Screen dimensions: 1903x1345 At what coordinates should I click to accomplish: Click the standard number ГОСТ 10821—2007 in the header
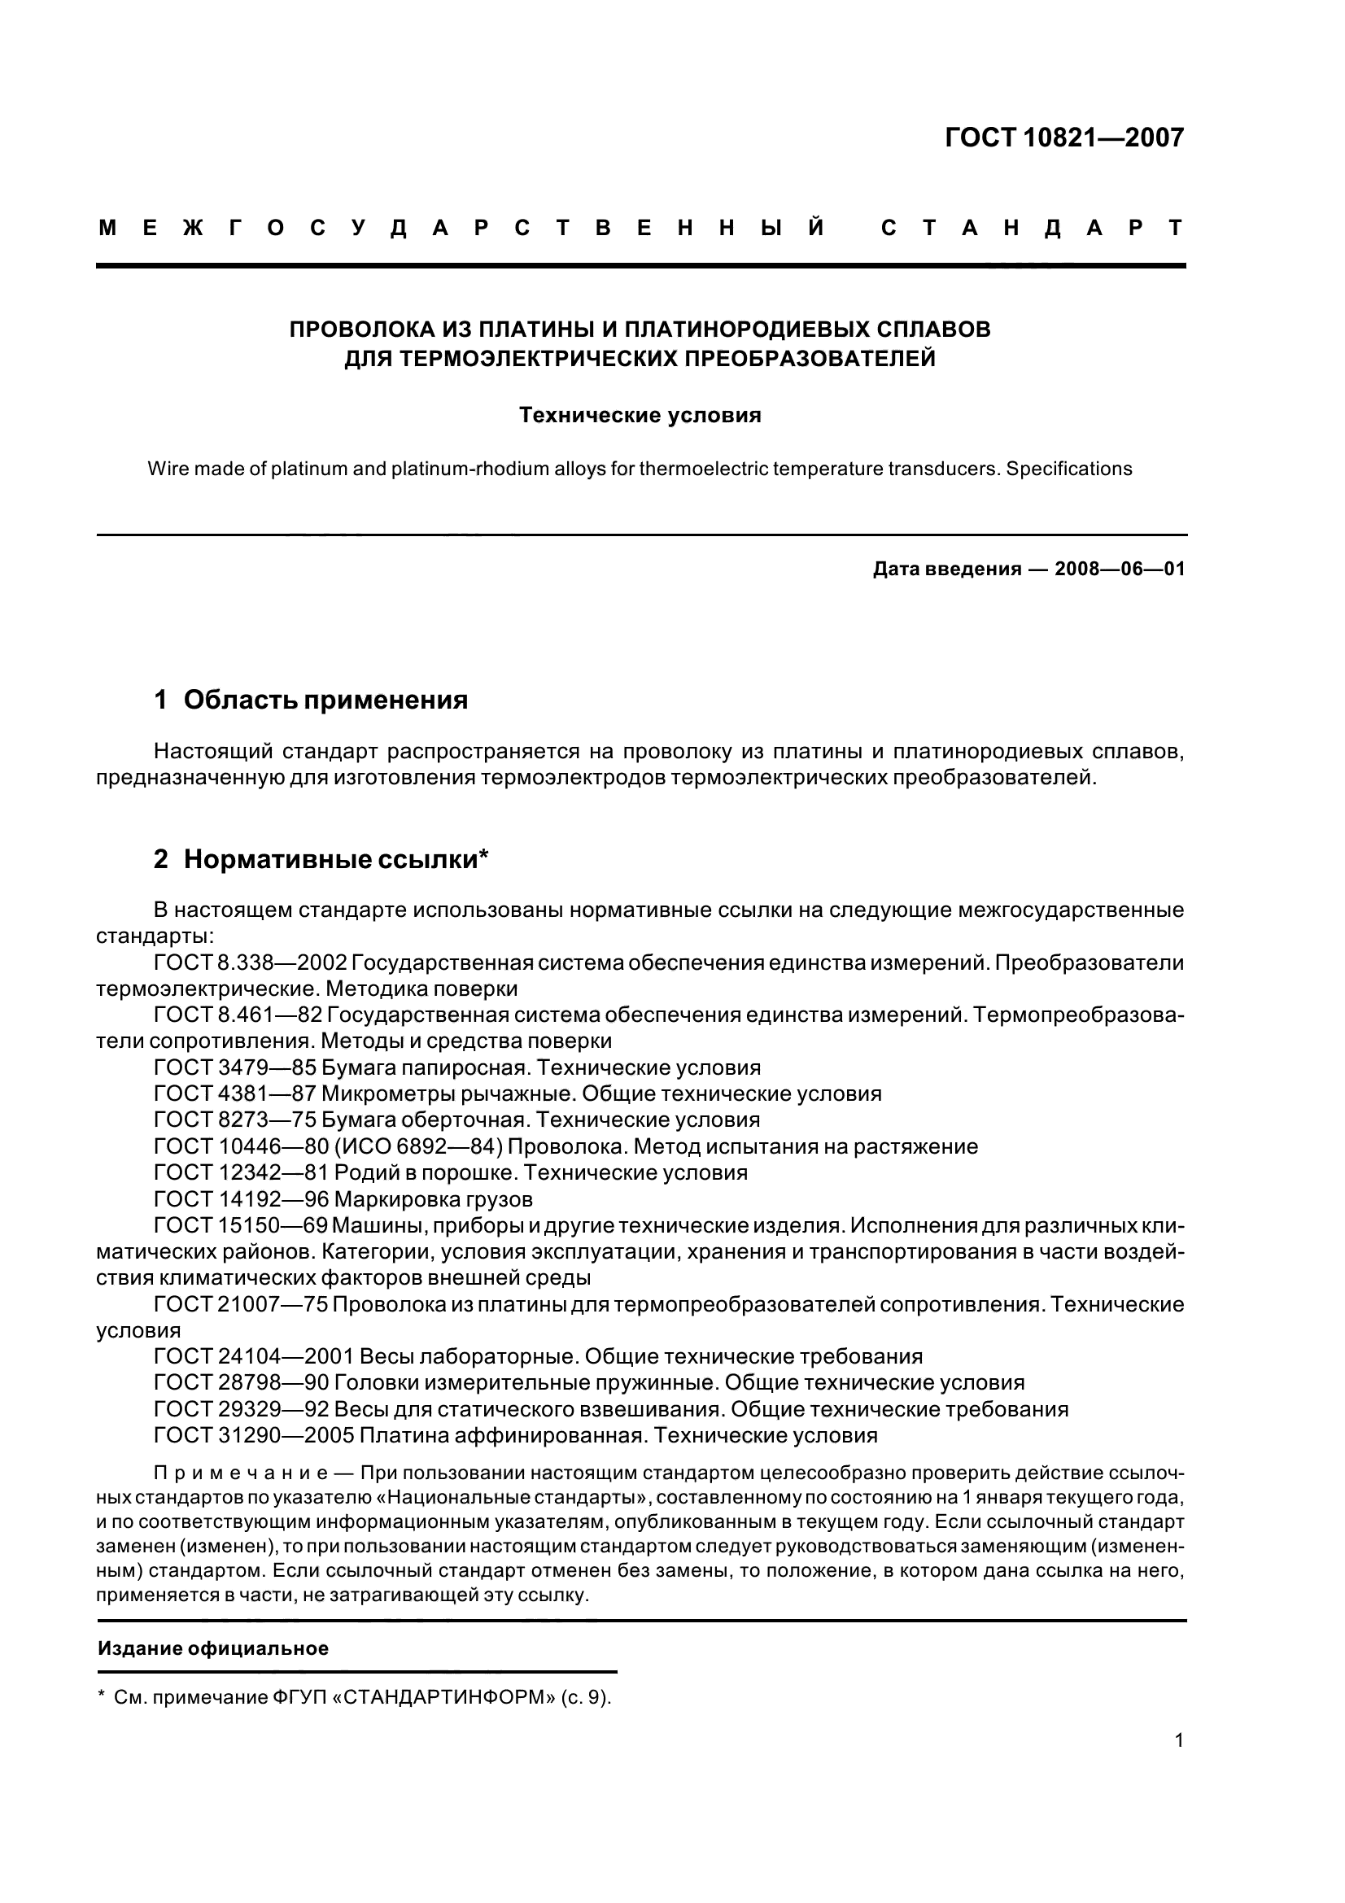pyautogui.click(x=1064, y=137)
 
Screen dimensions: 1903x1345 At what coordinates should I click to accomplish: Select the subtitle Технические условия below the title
pyautogui.click(x=640, y=415)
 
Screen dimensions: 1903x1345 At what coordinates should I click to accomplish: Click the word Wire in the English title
pyautogui.click(x=166, y=469)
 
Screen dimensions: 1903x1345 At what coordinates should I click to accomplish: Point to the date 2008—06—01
pyautogui.click(x=1120, y=570)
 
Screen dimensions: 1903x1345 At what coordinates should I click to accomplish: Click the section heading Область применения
pyautogui.click(x=325, y=701)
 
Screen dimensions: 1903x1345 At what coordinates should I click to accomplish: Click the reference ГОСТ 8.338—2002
pyautogui.click(x=251, y=963)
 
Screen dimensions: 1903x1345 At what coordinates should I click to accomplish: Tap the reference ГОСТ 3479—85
pyautogui.click(x=234, y=1067)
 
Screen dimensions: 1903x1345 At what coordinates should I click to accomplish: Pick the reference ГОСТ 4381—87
pyautogui.click(x=234, y=1094)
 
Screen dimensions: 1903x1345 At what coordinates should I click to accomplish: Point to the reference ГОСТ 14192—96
pyautogui.click(x=241, y=1199)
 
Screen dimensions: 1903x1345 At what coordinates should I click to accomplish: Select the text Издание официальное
pyautogui.click(x=213, y=1649)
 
